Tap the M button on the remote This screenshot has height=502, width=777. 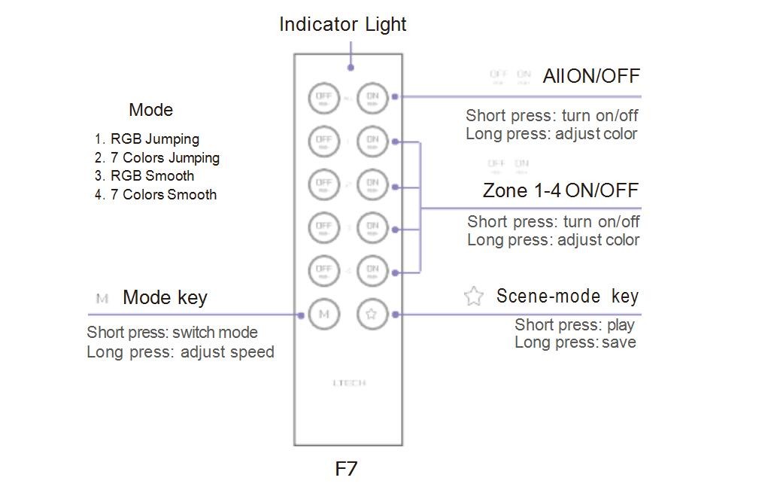(x=324, y=315)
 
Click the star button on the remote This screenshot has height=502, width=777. (x=372, y=315)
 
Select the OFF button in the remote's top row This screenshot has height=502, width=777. (x=324, y=97)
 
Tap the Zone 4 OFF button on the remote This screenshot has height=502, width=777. (x=324, y=270)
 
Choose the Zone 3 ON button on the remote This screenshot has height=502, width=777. (x=372, y=227)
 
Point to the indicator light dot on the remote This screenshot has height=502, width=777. (x=350, y=68)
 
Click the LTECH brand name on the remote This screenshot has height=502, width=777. (x=349, y=383)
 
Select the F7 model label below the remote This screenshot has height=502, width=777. (x=346, y=469)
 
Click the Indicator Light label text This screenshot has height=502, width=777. (x=343, y=24)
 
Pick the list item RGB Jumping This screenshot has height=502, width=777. (x=155, y=139)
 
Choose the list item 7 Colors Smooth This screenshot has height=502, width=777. (x=163, y=195)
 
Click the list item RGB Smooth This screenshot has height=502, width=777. (x=153, y=176)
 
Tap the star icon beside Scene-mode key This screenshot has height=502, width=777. (x=473, y=296)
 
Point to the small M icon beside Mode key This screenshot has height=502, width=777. (x=103, y=299)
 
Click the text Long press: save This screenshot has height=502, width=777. (x=575, y=342)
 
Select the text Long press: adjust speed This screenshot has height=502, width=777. (x=181, y=352)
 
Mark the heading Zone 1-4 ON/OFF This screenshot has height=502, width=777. (x=560, y=190)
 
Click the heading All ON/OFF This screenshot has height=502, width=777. (x=591, y=76)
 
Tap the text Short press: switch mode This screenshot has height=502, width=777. (x=172, y=333)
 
